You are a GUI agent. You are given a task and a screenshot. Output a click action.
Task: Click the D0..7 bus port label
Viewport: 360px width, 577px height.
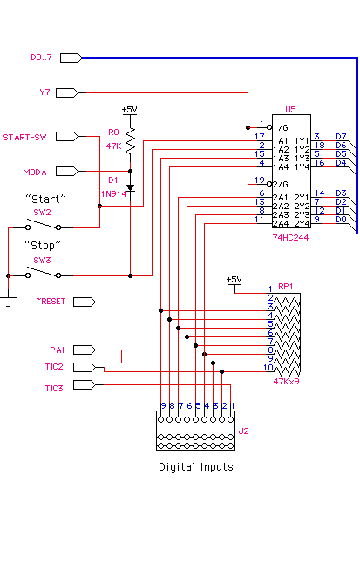[41, 58]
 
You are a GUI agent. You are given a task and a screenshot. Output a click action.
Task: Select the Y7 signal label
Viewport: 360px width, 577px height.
[44, 92]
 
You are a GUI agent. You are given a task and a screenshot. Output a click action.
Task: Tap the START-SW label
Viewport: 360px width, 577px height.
[24, 137]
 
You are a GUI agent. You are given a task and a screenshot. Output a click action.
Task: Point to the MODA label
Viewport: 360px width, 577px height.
[35, 173]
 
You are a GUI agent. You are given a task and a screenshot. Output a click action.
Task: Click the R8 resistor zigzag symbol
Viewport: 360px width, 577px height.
[130, 141]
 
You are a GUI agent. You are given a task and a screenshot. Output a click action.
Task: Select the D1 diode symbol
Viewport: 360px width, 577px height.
[130, 188]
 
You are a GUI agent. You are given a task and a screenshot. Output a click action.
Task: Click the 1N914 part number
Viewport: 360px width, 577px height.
[113, 193]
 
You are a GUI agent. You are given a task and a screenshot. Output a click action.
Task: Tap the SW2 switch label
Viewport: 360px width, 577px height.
[42, 213]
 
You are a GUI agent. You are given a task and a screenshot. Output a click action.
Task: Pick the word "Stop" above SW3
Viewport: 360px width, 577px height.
[43, 245]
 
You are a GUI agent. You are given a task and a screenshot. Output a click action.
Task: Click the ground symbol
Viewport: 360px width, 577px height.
[9, 301]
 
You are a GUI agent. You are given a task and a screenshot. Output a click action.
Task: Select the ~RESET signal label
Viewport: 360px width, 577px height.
[51, 301]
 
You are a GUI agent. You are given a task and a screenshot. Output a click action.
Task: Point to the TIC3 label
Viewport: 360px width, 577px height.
[54, 388]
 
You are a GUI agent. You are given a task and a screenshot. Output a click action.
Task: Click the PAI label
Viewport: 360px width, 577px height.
[57, 350]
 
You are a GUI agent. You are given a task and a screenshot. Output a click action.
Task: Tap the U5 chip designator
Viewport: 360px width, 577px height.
[290, 109]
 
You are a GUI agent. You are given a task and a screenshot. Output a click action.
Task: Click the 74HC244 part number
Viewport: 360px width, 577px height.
[290, 237]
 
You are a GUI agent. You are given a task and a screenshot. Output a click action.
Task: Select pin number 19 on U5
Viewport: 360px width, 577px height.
[260, 180]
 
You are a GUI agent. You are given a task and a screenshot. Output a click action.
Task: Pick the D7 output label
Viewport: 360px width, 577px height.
[341, 137]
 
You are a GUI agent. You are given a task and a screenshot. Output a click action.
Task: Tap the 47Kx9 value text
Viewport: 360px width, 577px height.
[287, 381]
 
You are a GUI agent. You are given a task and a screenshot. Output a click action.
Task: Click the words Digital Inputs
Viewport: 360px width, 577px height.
[196, 467]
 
